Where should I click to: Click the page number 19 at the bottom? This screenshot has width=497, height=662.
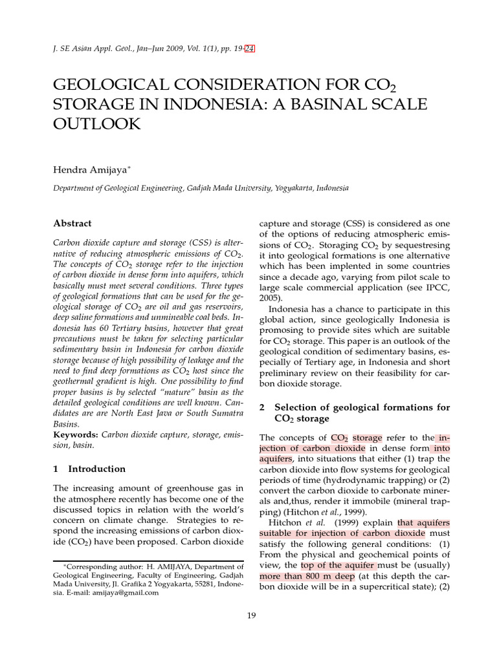click(252, 615)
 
